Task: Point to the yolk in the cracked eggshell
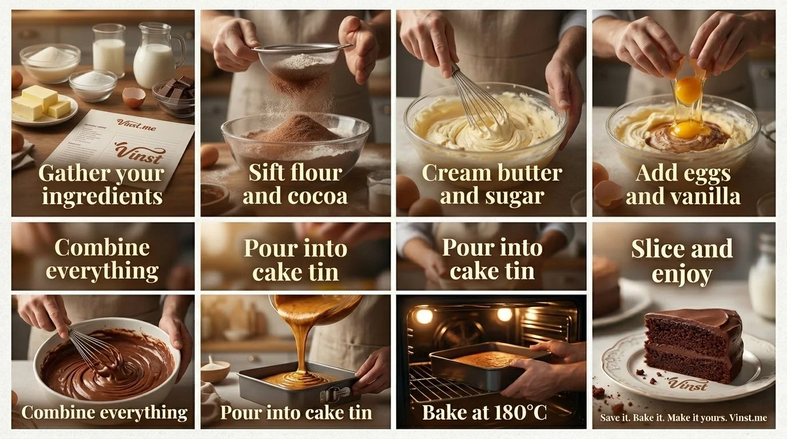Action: pos(688,90)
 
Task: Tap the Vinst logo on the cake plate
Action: pos(685,384)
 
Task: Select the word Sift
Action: pos(267,172)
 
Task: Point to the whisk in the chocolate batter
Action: pos(94,346)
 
